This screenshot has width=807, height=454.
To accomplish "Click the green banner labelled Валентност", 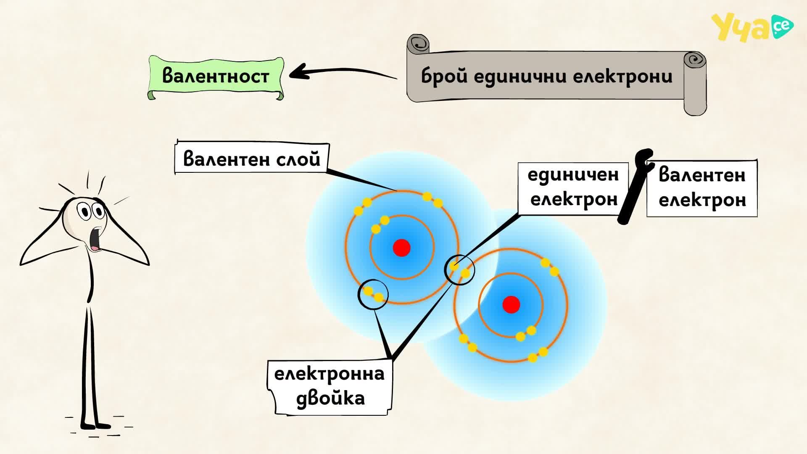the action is pyautogui.click(x=216, y=77).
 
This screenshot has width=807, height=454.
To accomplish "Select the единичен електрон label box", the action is pyautogui.click(x=573, y=187).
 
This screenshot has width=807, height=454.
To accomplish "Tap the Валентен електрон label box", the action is pyautogui.click(x=702, y=188).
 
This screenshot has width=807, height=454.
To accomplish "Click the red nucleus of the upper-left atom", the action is pyautogui.click(x=401, y=248).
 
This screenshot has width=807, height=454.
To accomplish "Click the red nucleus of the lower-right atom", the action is pyautogui.click(x=511, y=304).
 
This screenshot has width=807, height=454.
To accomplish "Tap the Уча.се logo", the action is pyautogui.click(x=752, y=27).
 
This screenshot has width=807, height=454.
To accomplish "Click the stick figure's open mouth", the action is pyautogui.click(x=97, y=238).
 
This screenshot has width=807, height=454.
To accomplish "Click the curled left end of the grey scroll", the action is pyautogui.click(x=418, y=44).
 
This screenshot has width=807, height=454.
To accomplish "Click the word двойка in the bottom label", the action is pyautogui.click(x=330, y=398).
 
